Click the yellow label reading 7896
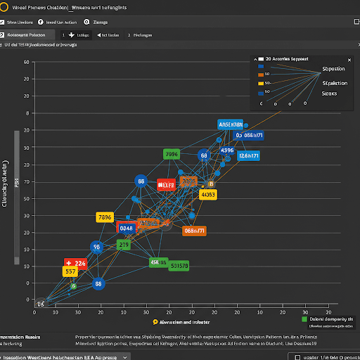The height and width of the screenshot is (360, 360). tap(104, 217)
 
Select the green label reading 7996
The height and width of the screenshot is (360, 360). tap(172, 154)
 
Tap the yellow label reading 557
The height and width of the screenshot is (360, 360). tap(70, 271)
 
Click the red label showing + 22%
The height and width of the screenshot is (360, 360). tap(75, 264)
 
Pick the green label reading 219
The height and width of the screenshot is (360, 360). tap(124, 245)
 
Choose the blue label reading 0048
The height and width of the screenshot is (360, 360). tap(127, 228)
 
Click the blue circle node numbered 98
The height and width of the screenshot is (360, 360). tap(97, 247)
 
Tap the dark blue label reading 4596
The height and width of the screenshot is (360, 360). tap(227, 150)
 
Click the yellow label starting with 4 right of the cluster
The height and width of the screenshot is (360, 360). tap(207, 194)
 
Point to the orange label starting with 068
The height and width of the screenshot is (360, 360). tap(194, 230)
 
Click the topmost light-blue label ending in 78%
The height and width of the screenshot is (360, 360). tap(230, 124)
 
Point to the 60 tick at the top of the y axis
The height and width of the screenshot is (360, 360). tap(25, 62)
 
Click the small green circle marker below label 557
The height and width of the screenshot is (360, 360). tap(72, 286)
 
